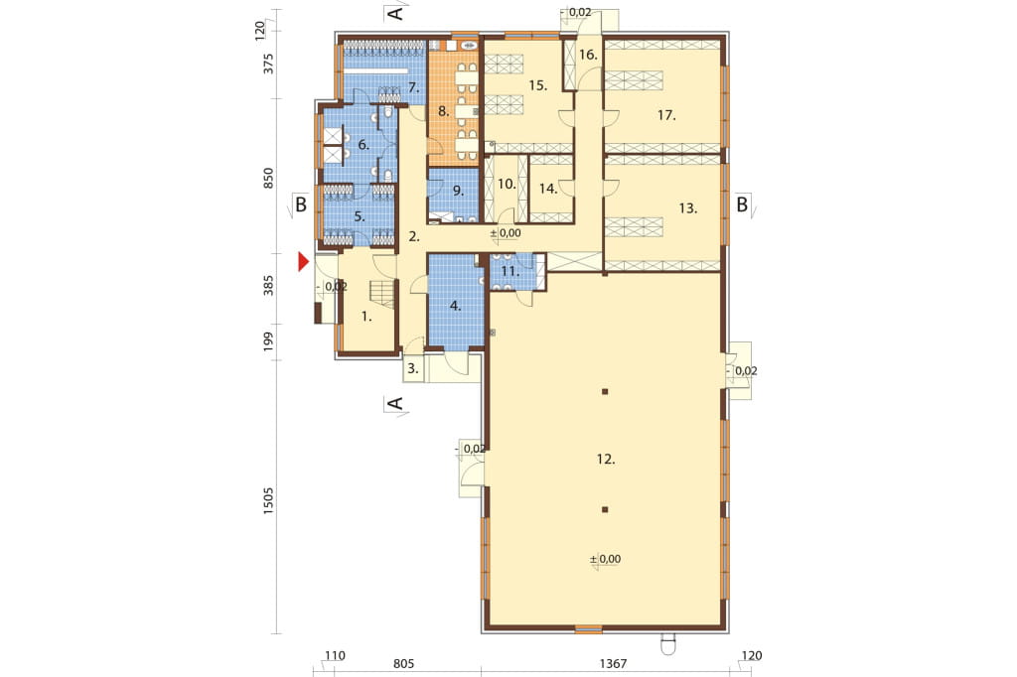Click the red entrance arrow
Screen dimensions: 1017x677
point(303,262)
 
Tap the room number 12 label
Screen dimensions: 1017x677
point(605,460)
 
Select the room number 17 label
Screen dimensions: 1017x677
point(666,115)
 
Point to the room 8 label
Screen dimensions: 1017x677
point(443,111)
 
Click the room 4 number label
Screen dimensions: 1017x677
point(455,306)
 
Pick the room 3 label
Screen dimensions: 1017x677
point(413,369)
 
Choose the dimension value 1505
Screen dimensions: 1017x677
point(268,502)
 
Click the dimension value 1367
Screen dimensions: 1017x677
point(613,663)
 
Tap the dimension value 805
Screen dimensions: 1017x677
point(403,663)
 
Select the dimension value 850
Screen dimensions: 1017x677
point(268,179)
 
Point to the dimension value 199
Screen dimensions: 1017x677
point(268,341)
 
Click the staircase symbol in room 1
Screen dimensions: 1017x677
point(381,295)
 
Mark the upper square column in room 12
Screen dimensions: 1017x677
point(605,392)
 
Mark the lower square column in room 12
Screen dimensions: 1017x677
point(605,509)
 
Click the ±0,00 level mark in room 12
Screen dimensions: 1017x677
point(605,560)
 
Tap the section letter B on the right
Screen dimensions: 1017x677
point(741,204)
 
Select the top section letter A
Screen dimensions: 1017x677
point(395,13)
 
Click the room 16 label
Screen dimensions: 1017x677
point(588,55)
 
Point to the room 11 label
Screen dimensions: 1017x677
point(509,271)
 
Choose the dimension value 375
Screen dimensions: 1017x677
point(268,64)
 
